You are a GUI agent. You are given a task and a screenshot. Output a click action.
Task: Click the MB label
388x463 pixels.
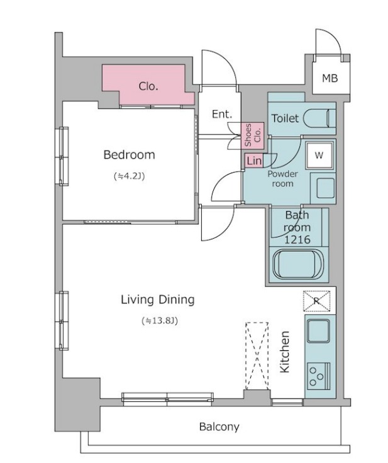(330, 78)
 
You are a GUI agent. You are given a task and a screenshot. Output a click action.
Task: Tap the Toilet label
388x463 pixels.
(285, 118)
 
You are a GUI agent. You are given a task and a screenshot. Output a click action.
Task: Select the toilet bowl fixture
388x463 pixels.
(319, 118)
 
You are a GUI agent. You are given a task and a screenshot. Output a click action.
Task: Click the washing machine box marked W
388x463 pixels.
(319, 156)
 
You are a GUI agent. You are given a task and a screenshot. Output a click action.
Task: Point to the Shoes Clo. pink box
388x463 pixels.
(253, 135)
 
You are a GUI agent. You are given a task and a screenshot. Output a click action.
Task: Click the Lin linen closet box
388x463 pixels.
(254, 161)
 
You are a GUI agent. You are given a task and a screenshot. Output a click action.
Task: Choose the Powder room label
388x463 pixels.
(282, 179)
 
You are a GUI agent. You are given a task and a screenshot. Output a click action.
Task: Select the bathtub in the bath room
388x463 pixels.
(298, 264)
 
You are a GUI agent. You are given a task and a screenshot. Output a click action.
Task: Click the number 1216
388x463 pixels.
(297, 239)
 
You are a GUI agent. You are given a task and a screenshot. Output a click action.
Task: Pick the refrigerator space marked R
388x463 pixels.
(317, 301)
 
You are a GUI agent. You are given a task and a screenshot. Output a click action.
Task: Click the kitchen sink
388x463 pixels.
(318, 331)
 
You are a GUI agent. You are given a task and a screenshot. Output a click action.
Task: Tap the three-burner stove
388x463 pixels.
(318, 376)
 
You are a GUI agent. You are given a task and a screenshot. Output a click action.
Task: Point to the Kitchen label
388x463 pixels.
(285, 352)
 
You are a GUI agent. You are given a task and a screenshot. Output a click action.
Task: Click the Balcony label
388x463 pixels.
(219, 427)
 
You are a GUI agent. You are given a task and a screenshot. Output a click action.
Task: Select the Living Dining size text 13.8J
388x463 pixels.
(160, 321)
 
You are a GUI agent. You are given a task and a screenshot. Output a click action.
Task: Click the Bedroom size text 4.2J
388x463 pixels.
(129, 176)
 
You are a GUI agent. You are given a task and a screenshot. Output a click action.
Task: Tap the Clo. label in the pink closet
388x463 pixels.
(148, 86)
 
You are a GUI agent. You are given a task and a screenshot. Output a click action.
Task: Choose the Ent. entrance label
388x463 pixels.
(222, 114)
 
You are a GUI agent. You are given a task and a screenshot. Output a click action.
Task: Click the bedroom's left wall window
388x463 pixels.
(64, 156)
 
